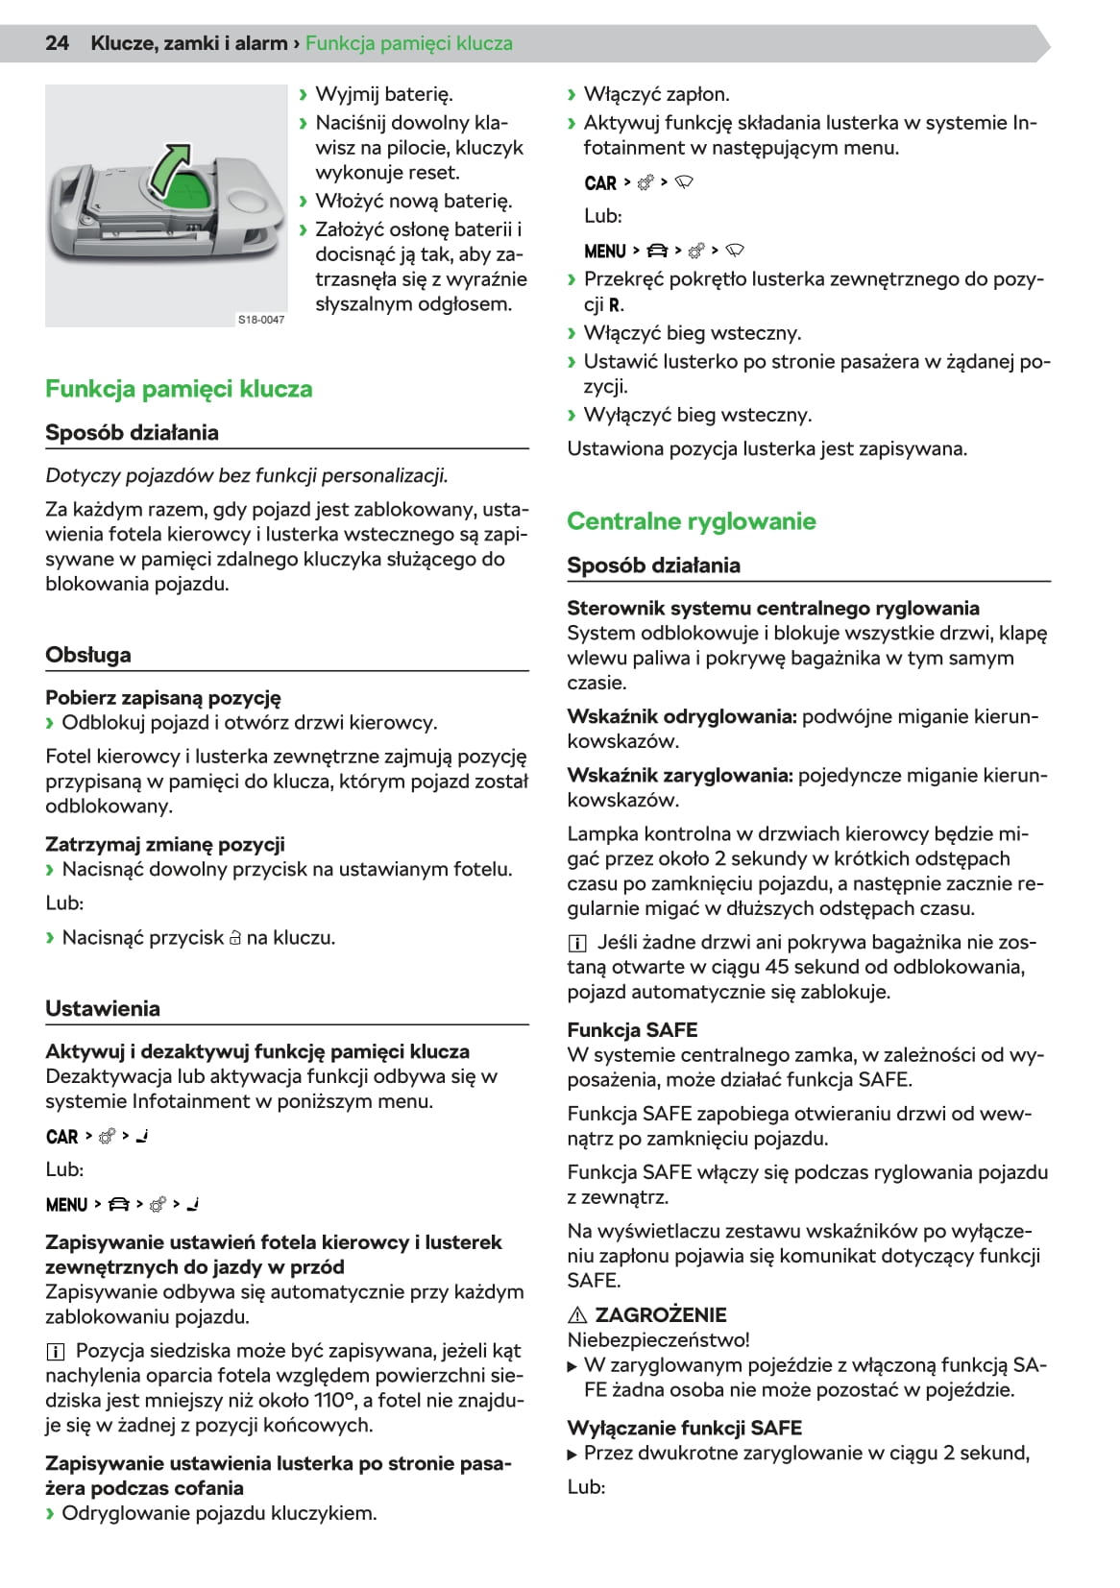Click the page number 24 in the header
tap(57, 43)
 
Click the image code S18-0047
tap(261, 320)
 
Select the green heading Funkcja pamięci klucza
tap(179, 389)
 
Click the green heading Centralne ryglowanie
tap(691, 521)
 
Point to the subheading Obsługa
tap(88, 655)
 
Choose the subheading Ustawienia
tap(103, 1008)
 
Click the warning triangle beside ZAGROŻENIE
tap(577, 1315)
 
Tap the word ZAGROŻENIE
tap(661, 1315)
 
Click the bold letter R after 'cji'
tap(615, 305)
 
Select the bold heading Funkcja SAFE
tap(632, 1030)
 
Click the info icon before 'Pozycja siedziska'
tap(55, 1352)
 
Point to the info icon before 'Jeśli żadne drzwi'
tap(576, 943)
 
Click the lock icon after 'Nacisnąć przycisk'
tap(235, 938)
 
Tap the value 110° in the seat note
tap(333, 1401)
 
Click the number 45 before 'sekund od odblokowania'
tap(778, 967)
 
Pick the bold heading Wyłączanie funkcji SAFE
tap(684, 1428)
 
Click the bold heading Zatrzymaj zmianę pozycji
tap(165, 845)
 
